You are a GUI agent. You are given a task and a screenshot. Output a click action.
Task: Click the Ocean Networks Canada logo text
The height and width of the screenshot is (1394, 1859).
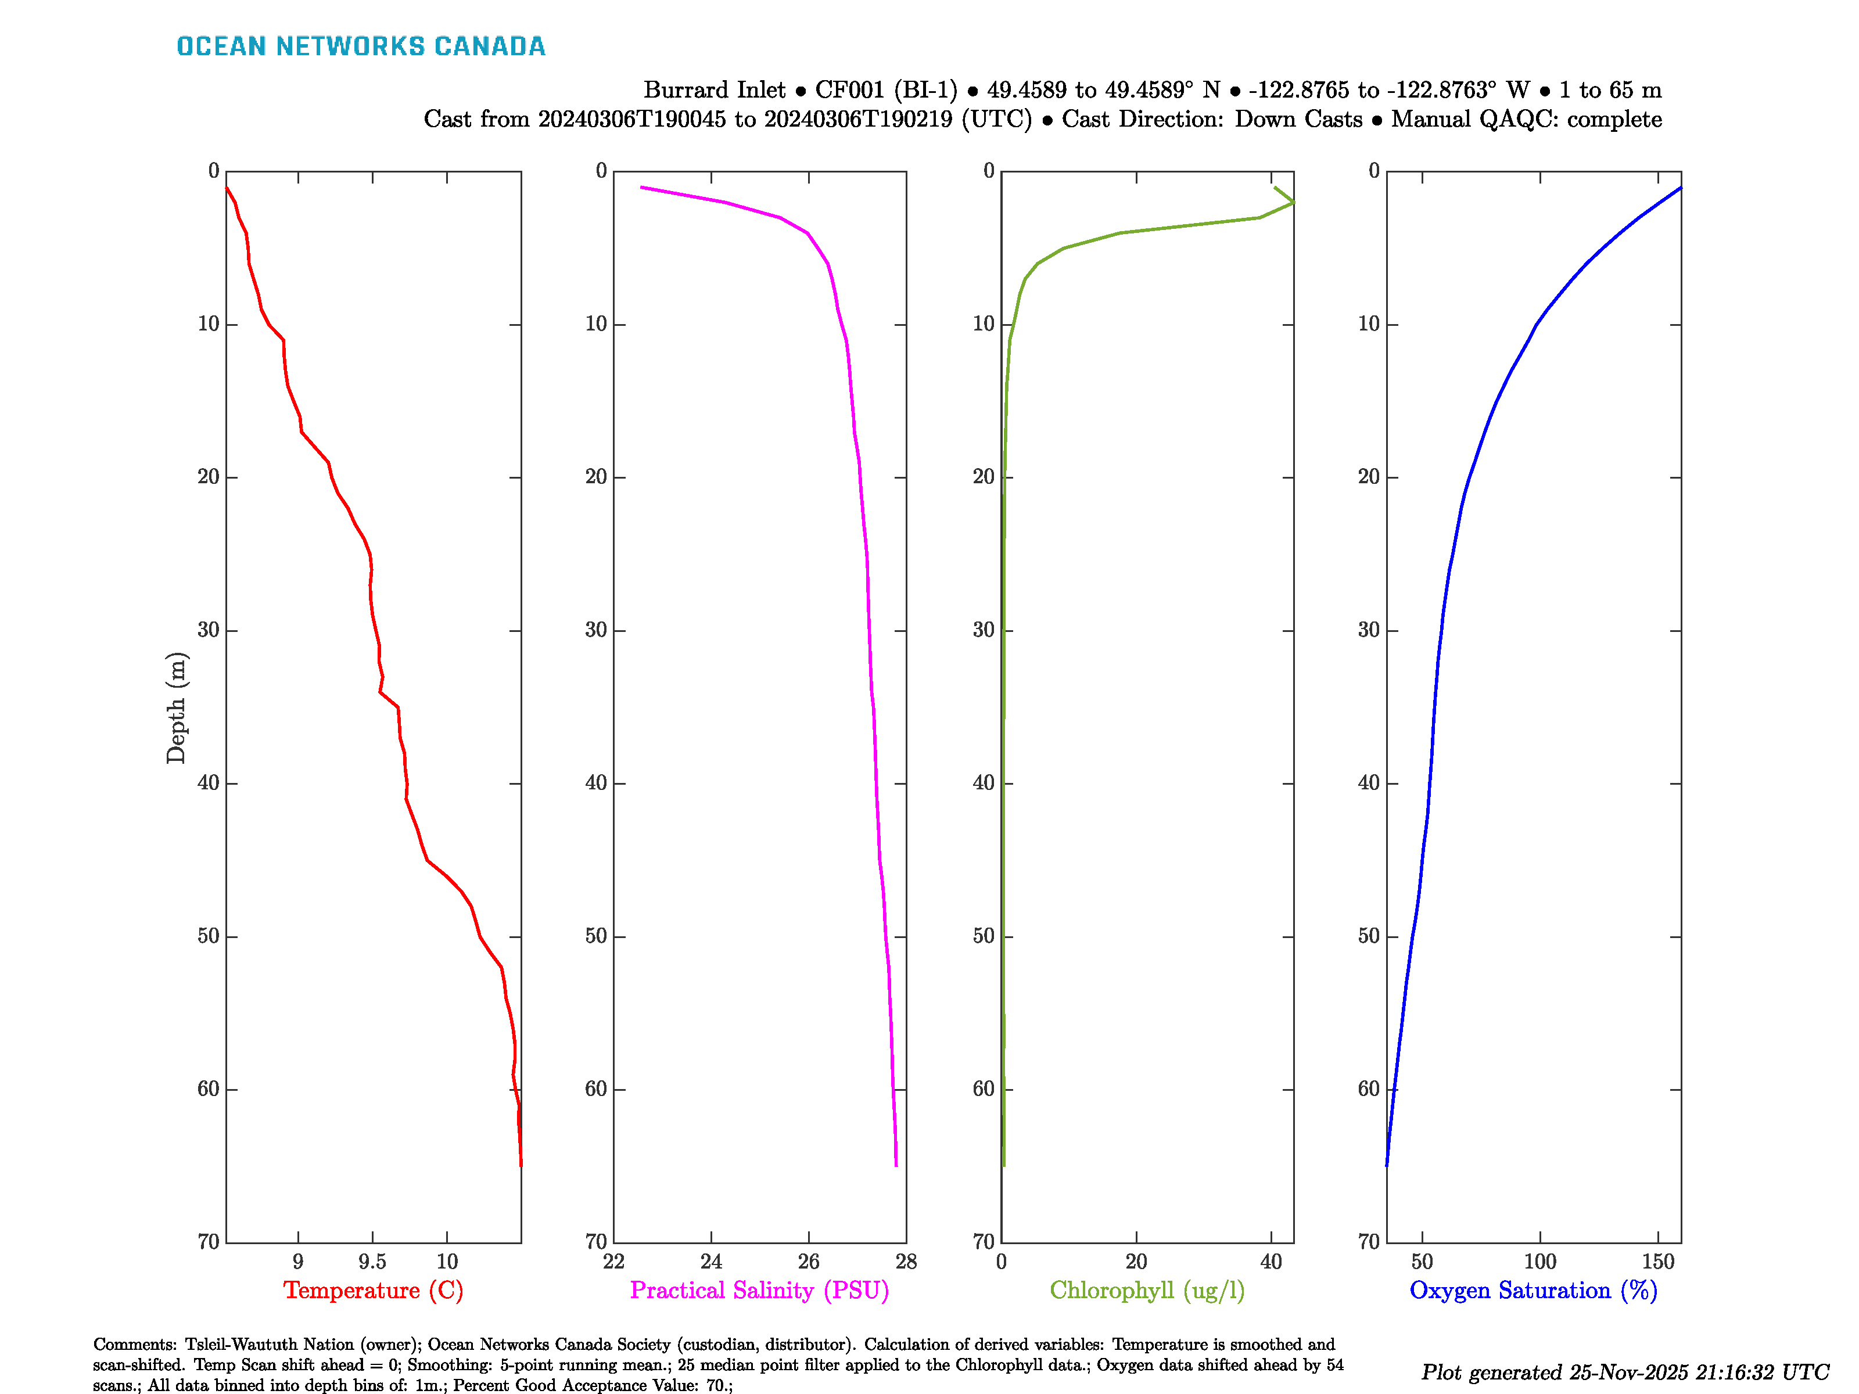[361, 46]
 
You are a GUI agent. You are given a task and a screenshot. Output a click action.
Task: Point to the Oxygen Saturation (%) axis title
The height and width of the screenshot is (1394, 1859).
[1533, 1290]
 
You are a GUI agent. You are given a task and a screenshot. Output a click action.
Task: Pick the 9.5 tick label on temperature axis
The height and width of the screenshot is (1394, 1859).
[372, 1261]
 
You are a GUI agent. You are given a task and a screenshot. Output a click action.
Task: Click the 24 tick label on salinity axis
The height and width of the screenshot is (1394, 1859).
[711, 1261]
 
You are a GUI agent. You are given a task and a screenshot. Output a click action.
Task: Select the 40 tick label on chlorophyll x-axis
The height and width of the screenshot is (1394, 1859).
[1271, 1261]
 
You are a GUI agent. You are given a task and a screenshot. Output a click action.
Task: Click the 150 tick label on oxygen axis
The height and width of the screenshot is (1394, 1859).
[1658, 1261]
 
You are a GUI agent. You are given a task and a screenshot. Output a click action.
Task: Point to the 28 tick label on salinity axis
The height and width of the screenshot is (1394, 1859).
[906, 1261]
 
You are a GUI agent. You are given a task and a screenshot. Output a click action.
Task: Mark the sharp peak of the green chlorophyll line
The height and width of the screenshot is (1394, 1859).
[1293, 203]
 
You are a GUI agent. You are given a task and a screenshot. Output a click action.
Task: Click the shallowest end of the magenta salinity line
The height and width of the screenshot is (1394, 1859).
[641, 188]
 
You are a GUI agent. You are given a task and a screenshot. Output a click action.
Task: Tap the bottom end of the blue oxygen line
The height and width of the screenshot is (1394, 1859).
[1386, 1165]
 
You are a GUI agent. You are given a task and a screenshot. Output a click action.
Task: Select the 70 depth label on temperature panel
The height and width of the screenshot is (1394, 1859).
[209, 1241]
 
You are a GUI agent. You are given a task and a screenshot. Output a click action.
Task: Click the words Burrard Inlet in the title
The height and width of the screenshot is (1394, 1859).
[715, 90]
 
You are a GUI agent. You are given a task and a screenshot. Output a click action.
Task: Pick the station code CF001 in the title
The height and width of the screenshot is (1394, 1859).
[850, 90]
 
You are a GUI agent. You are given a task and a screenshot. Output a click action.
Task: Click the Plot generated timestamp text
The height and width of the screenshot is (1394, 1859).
[1624, 1372]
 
